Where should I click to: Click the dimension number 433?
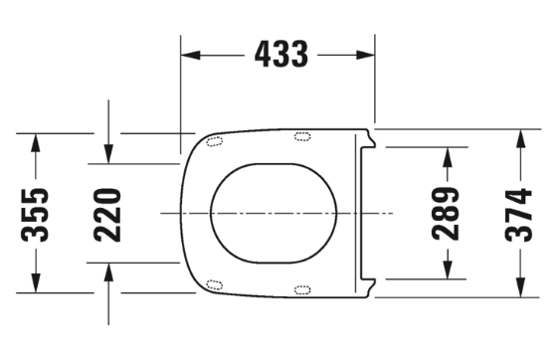[280, 55]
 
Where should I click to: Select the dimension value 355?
[37, 213]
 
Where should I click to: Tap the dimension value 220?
[108, 213]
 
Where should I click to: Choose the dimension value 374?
[518, 213]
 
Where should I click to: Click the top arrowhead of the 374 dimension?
[518, 138]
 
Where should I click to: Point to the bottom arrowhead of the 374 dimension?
[518, 288]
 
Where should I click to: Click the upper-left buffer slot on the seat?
[213, 142]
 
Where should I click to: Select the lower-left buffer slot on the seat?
[213, 285]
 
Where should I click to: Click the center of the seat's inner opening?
[274, 213]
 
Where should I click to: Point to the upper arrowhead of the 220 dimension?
[108, 154]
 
